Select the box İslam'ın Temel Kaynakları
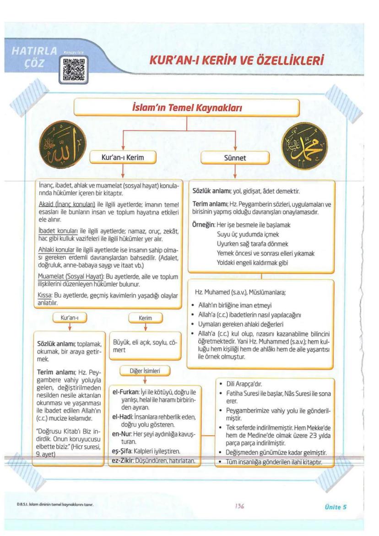click(186, 109)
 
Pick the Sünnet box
click(235, 158)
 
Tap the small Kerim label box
click(145, 317)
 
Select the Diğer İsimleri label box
click(145, 370)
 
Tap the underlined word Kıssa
click(45, 295)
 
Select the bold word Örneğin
click(203, 225)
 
